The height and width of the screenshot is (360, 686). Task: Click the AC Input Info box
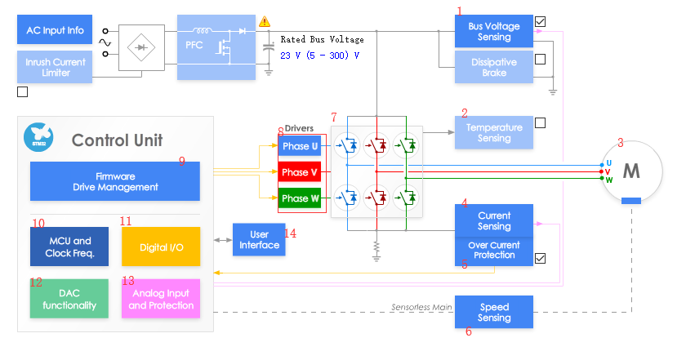(x=55, y=30)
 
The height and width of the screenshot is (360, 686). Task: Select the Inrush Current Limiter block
(x=55, y=67)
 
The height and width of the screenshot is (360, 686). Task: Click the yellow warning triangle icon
(x=265, y=22)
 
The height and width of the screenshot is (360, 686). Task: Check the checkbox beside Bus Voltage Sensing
(x=540, y=22)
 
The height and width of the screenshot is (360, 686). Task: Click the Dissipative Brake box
(x=493, y=67)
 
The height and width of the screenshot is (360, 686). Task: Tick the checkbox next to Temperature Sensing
(x=540, y=123)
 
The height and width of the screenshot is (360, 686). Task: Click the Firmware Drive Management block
(x=114, y=181)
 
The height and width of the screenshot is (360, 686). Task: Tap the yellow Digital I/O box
(x=160, y=247)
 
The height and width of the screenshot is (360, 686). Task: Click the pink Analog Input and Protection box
(x=160, y=299)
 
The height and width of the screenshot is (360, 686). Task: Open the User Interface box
(x=259, y=240)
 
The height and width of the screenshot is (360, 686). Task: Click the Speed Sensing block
(x=493, y=313)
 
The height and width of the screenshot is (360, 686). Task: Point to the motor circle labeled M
(x=631, y=171)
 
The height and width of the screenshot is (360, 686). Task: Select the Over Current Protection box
(x=493, y=250)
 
